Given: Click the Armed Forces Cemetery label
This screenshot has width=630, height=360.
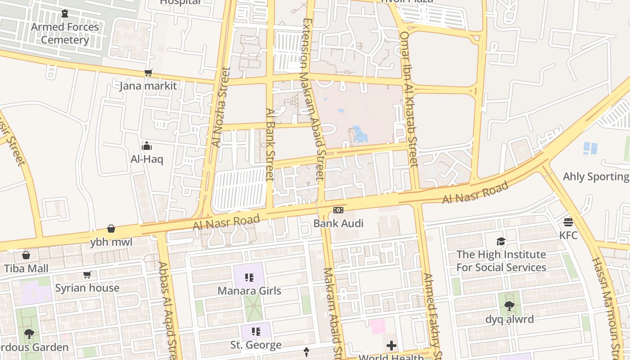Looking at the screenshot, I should (65, 33).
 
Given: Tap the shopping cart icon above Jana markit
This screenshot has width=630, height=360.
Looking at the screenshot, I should (148, 73).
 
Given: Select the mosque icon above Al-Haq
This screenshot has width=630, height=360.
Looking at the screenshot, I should (147, 146).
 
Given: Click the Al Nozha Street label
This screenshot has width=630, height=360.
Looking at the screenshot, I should (220, 107).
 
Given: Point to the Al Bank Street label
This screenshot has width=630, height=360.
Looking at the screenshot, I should (270, 144).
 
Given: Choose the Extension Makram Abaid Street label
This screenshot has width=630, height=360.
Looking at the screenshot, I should (313, 99).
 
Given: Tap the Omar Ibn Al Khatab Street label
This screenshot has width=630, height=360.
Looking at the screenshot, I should (409, 99).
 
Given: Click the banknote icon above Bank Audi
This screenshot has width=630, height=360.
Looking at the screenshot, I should (338, 210).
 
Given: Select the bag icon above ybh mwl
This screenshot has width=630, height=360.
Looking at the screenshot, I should (111, 229).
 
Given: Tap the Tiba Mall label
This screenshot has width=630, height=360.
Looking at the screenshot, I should (26, 269).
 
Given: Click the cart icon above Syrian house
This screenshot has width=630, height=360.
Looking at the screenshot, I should (87, 274).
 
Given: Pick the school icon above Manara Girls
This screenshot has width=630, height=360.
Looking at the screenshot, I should (249, 278).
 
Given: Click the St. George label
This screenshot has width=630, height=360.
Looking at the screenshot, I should (256, 345).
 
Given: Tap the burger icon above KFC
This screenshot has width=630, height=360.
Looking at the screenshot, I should (568, 222).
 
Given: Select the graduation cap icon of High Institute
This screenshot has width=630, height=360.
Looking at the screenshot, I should (501, 242).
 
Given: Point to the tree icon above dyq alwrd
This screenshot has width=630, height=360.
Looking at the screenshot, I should (509, 306).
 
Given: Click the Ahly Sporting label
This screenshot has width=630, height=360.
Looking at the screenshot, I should (596, 176).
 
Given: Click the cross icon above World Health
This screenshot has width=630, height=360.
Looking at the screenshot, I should (391, 346).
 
